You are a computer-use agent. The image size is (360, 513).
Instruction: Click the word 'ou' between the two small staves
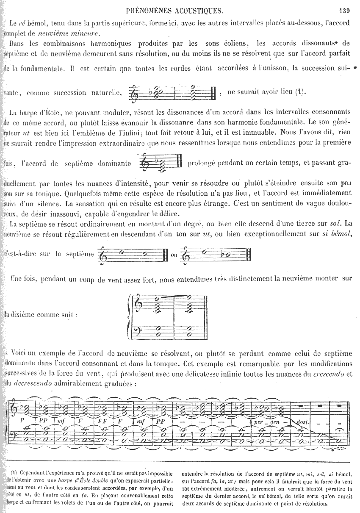coord(174,255)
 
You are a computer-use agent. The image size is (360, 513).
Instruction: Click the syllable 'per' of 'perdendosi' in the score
coord(259,422)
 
